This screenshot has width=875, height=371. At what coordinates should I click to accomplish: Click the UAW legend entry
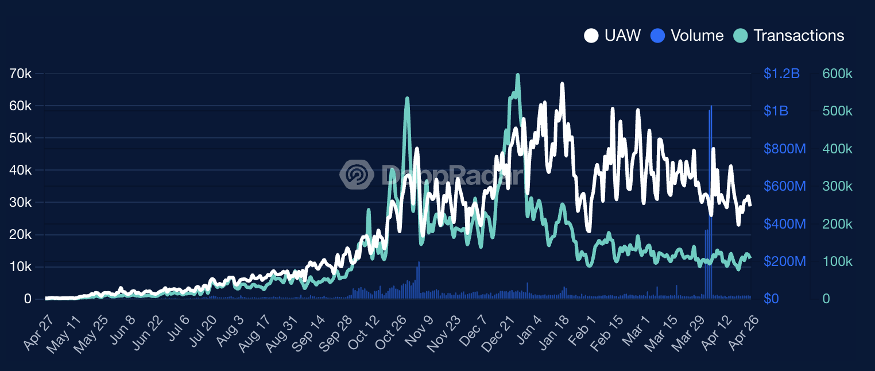612,36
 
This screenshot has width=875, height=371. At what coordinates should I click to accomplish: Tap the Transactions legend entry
789,36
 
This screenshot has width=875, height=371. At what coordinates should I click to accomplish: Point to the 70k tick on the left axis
21,74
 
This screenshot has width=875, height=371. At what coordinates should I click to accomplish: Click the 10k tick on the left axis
21,267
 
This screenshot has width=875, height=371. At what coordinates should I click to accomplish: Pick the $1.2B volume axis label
781,74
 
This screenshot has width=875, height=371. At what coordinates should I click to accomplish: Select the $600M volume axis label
784,186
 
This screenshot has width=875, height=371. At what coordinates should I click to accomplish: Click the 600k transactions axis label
837,74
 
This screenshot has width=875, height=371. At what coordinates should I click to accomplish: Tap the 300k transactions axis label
837,186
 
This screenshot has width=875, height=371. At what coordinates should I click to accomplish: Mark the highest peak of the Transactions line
518,75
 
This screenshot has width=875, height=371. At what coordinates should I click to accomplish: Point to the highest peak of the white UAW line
562,84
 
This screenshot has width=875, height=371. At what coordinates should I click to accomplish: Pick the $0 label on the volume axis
771,299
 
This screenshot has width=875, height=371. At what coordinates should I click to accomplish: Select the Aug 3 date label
230,335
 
